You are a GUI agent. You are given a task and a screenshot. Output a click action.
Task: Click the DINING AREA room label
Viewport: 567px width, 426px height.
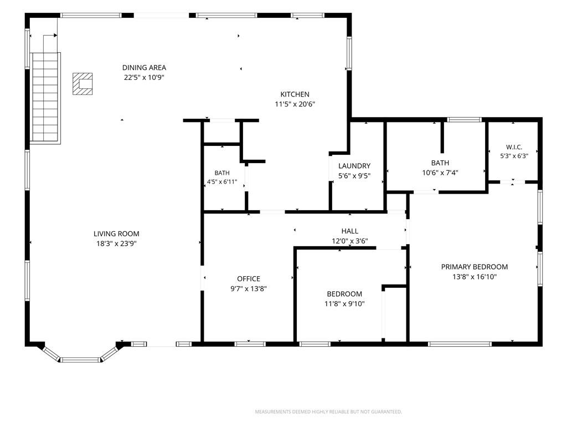click(x=144, y=68)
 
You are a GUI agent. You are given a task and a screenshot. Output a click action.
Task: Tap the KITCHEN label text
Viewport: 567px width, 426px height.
click(x=295, y=94)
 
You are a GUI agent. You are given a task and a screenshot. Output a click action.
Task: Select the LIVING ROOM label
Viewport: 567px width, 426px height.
click(x=116, y=234)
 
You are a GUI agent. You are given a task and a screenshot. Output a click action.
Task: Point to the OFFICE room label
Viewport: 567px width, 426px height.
click(x=249, y=279)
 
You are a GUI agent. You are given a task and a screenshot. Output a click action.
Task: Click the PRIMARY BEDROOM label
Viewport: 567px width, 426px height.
click(x=475, y=267)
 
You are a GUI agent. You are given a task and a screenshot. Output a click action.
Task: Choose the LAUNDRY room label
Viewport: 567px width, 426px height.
click(x=354, y=166)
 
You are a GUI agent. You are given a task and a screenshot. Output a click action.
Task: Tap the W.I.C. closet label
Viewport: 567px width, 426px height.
click(x=514, y=147)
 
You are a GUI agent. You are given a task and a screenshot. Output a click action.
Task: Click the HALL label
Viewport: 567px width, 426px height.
click(x=350, y=231)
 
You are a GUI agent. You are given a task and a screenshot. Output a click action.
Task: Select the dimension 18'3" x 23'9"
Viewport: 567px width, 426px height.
click(x=116, y=244)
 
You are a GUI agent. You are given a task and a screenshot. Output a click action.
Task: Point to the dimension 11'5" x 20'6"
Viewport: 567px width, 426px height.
click(x=295, y=104)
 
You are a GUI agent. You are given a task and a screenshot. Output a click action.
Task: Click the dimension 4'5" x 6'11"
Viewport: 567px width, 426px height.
click(x=222, y=182)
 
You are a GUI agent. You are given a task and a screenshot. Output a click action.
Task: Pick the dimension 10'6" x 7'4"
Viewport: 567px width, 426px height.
click(x=440, y=173)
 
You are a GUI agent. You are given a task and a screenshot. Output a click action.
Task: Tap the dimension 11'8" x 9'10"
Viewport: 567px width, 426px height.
click(x=344, y=303)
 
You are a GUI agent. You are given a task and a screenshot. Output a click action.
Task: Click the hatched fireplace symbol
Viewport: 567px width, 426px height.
click(x=83, y=84)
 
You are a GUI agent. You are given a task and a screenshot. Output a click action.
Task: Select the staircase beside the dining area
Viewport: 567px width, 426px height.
click(x=45, y=98)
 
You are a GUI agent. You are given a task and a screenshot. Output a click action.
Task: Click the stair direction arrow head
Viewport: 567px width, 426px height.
click(x=55, y=35)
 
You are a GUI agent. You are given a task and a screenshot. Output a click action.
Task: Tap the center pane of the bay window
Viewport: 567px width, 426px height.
click(x=80, y=359)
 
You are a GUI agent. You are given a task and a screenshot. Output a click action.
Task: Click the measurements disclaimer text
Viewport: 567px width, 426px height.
click(x=328, y=412)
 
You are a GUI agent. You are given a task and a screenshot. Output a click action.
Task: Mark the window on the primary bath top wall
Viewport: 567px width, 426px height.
click(x=465, y=120)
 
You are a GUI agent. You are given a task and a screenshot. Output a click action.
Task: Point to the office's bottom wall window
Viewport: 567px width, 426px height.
click(x=250, y=344)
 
